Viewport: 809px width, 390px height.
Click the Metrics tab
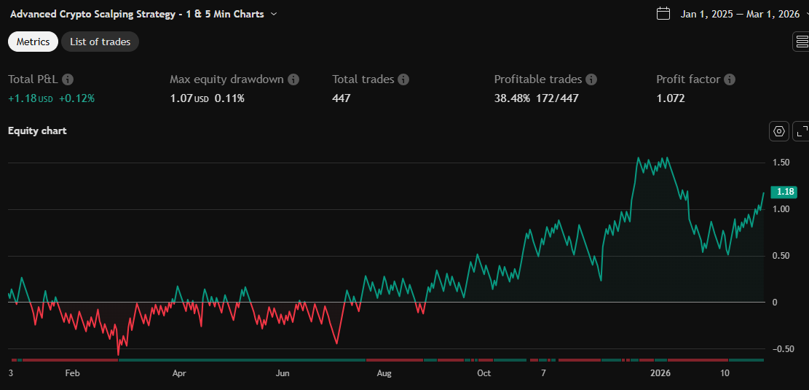point(33,42)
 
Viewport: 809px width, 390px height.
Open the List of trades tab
point(100,42)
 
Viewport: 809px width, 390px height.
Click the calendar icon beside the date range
point(663,13)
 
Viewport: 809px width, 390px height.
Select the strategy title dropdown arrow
point(273,14)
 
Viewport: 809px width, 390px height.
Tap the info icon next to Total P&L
point(68,79)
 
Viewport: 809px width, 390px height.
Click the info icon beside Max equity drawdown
point(293,79)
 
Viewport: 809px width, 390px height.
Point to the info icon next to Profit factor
point(730,79)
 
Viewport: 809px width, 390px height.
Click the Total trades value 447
point(342,98)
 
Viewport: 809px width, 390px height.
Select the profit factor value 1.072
point(671,98)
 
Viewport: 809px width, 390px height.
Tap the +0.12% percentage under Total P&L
point(77,98)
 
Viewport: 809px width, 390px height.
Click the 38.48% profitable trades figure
point(512,98)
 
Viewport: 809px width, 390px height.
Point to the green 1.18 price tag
point(786,192)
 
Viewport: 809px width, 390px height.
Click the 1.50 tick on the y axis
point(781,163)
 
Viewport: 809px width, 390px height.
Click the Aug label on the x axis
point(384,373)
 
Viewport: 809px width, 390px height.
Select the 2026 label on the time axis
point(660,373)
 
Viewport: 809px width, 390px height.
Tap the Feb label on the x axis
point(72,373)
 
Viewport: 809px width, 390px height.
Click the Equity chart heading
point(37,130)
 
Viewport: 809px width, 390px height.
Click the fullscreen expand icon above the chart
point(801,131)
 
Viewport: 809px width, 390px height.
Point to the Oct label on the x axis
point(484,373)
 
